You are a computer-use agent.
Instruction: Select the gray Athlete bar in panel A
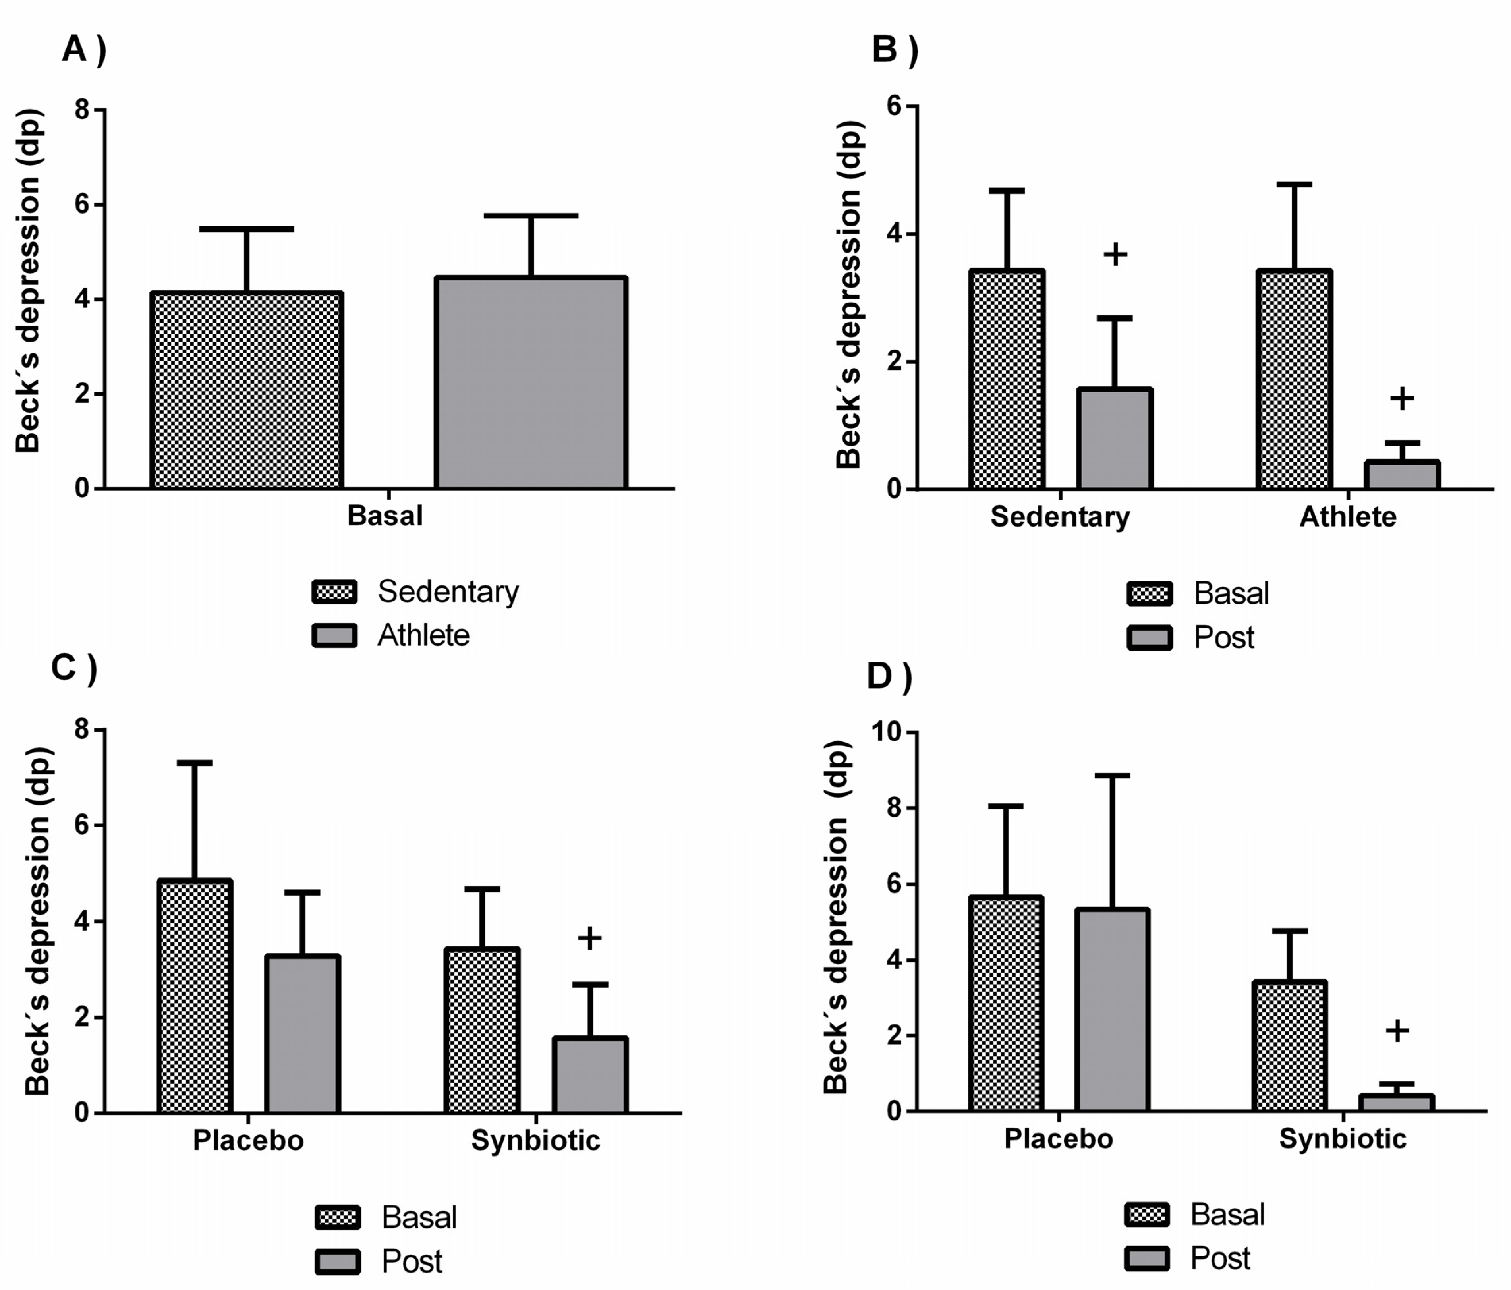click(x=531, y=383)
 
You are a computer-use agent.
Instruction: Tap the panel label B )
click(x=895, y=50)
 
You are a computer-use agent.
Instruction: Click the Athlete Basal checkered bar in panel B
click(x=1295, y=379)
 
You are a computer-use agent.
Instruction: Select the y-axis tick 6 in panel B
click(x=894, y=106)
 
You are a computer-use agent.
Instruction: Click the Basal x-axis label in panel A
click(x=385, y=516)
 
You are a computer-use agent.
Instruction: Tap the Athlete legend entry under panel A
click(x=423, y=635)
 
